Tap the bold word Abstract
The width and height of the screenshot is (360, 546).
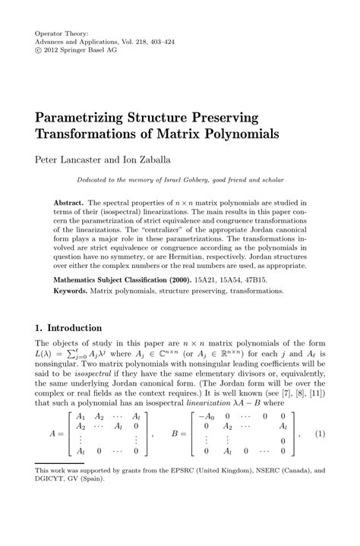(69, 204)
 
